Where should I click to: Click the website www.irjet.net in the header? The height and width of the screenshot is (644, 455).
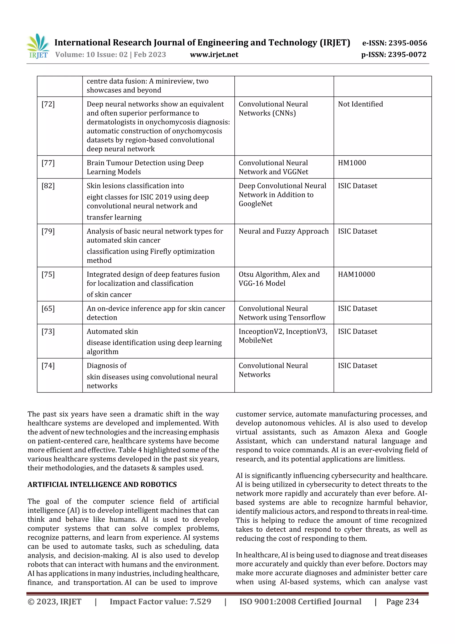(214, 55)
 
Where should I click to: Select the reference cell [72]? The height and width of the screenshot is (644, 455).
(48, 104)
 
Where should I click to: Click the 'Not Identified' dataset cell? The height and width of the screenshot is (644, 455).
(360, 104)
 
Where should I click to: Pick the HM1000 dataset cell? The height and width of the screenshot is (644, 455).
(352, 163)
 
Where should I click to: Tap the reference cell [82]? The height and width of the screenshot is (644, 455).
(48, 186)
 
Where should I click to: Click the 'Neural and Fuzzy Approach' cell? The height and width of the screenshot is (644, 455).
(283, 231)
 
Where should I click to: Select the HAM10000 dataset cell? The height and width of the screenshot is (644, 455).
(356, 275)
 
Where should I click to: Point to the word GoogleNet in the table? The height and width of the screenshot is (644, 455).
(255, 204)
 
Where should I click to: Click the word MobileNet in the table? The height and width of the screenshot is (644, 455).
(255, 341)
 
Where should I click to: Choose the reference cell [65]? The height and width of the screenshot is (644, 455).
(48, 309)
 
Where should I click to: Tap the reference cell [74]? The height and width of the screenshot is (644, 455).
(48, 366)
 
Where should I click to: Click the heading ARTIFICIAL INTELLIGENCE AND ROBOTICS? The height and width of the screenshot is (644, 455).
(102, 485)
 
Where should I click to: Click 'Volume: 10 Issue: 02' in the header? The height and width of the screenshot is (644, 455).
(91, 55)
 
